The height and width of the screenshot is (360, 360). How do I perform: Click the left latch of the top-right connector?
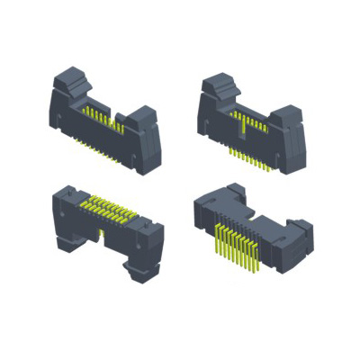218,88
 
